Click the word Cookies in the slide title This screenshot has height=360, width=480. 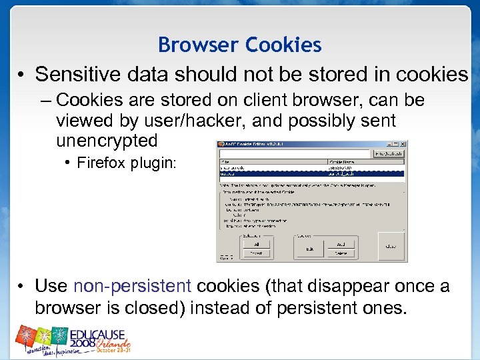click(x=283, y=45)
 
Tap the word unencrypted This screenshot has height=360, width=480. click(x=107, y=141)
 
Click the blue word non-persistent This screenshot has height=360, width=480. click(x=132, y=286)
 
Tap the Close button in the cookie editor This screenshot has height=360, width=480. click(x=391, y=245)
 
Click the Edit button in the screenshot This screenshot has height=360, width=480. click(x=309, y=249)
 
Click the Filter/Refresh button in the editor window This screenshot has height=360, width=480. click(x=390, y=153)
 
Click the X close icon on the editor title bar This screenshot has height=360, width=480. click(x=403, y=143)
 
